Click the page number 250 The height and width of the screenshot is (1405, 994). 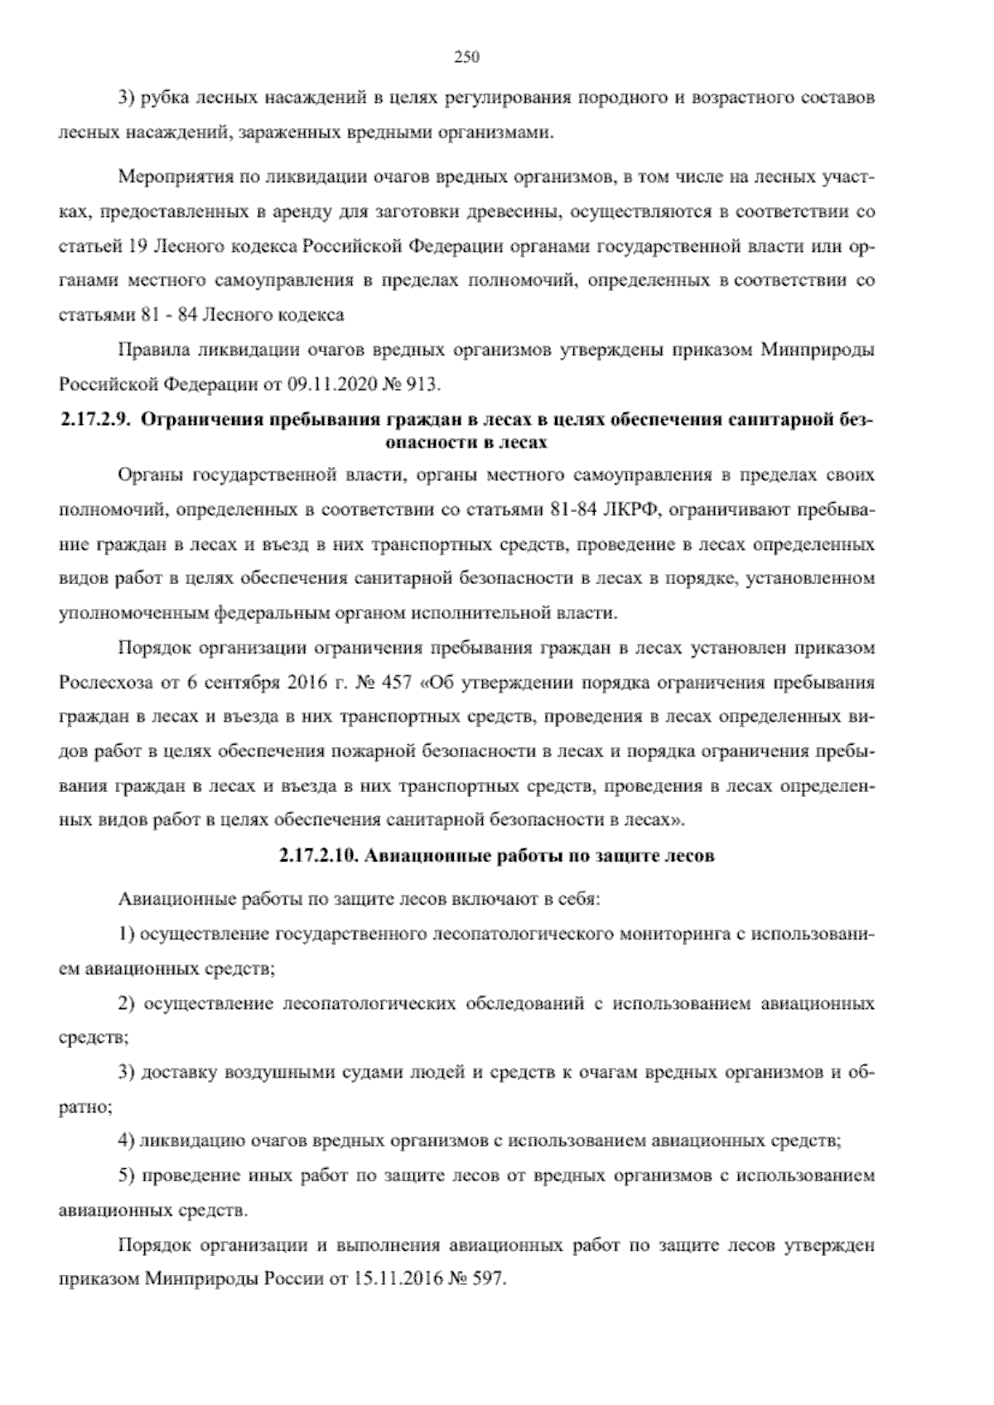pos(467,57)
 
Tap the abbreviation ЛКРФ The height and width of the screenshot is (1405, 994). pos(629,509)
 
